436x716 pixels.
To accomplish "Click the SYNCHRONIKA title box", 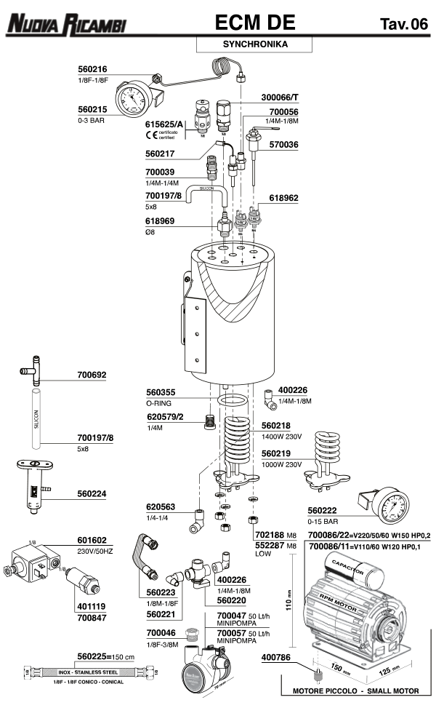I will [x=254, y=44].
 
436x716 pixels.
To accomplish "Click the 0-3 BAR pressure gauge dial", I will [x=133, y=98].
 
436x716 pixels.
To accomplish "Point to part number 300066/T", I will [x=280, y=97].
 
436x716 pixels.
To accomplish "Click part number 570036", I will [x=283, y=145].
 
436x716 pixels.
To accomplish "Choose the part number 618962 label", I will [x=283, y=197].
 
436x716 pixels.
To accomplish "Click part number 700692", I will [x=92, y=375].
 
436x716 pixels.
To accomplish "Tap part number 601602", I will [x=92, y=541].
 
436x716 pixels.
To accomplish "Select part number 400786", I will [x=276, y=656].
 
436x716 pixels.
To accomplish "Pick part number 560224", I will [x=92, y=493].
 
